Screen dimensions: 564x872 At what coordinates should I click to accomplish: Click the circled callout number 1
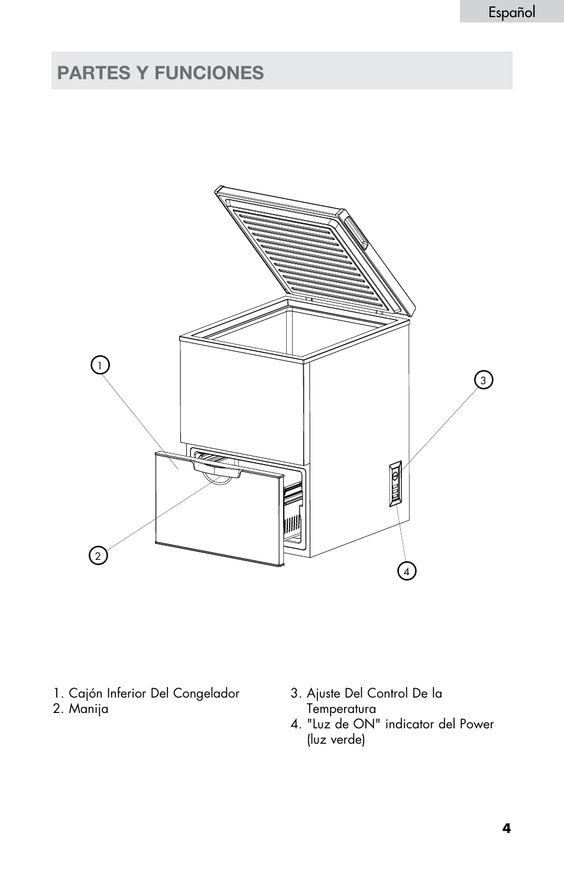click(x=100, y=365)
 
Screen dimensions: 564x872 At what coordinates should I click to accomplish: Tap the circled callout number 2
click(x=98, y=556)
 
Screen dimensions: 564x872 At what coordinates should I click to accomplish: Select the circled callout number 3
click(x=483, y=381)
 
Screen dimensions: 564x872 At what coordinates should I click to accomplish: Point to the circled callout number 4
click(x=407, y=572)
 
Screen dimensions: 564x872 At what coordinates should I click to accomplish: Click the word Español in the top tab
click(x=511, y=12)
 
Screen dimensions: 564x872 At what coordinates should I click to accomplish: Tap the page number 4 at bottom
click(x=506, y=828)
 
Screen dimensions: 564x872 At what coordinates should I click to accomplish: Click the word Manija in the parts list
click(x=89, y=709)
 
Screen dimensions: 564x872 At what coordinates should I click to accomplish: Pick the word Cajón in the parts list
click(x=86, y=693)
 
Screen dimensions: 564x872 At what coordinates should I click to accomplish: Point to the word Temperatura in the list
click(x=341, y=709)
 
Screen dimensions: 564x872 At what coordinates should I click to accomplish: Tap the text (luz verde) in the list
click(x=336, y=740)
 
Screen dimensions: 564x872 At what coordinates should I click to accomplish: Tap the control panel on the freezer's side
click(x=395, y=484)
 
